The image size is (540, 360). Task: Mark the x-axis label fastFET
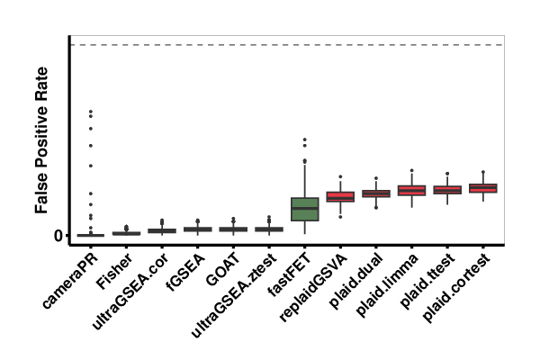tap(286, 274)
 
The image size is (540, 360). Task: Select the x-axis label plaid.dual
tap(355, 277)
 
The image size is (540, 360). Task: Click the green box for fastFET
tap(305, 209)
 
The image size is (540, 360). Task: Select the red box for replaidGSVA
tap(340, 197)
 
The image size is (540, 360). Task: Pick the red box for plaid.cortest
tap(483, 188)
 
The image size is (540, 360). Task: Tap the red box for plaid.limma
tap(411, 191)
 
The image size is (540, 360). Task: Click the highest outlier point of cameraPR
tap(90, 112)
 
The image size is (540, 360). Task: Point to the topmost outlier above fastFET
tap(305, 139)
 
